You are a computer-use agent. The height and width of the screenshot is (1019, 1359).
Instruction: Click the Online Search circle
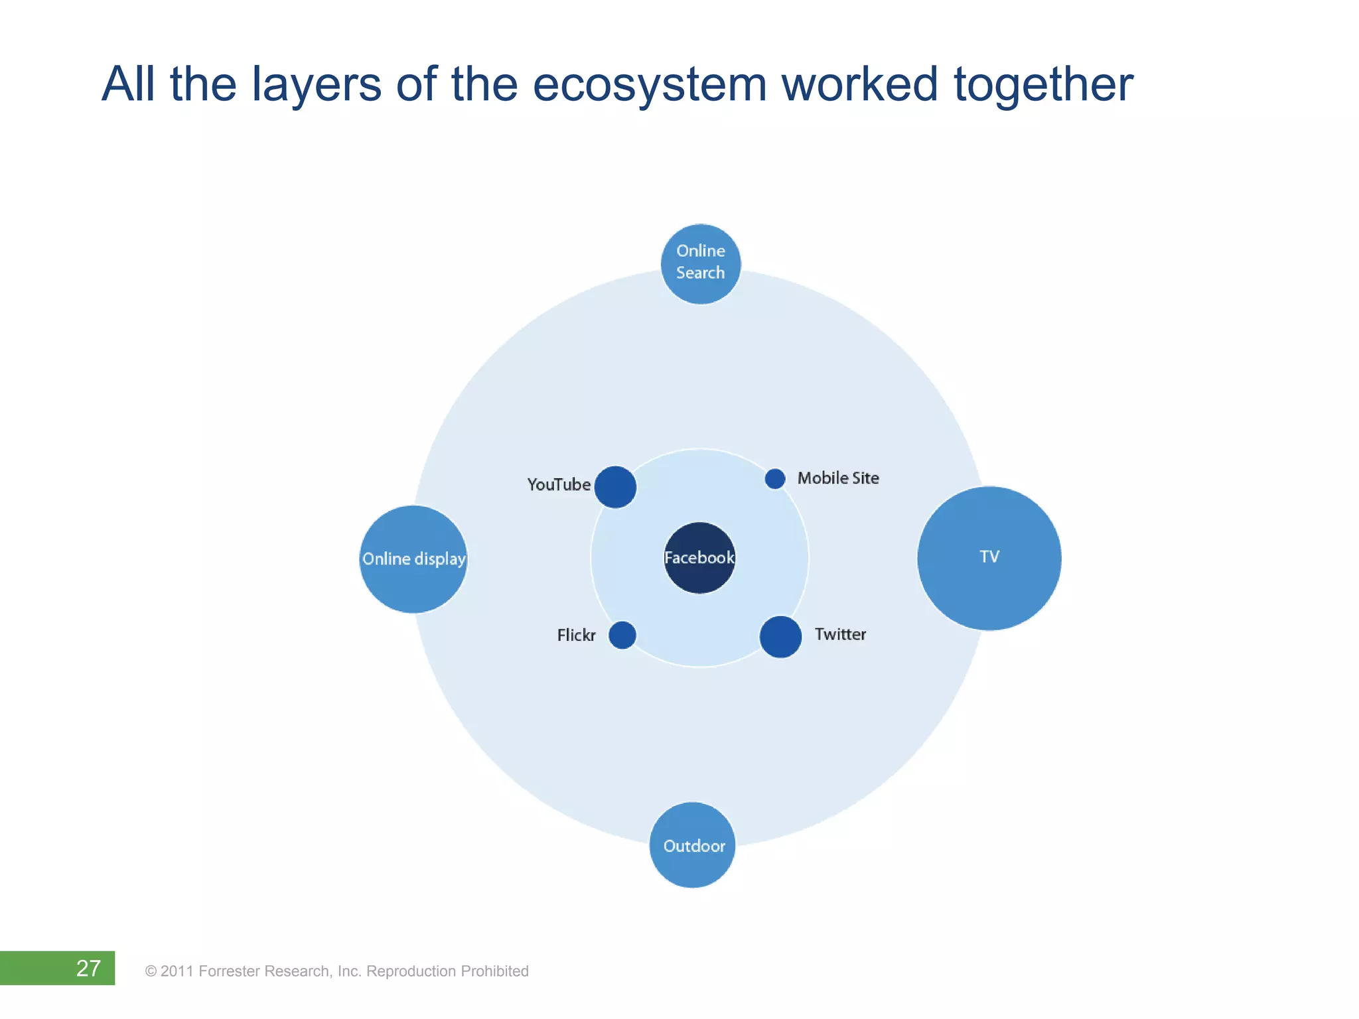(701, 264)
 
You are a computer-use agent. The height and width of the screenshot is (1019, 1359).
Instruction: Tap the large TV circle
(989, 558)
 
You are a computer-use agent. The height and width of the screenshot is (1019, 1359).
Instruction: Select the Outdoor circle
(692, 845)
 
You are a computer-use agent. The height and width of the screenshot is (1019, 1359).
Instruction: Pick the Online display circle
(413, 559)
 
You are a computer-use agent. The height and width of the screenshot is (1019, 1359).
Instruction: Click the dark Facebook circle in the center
(699, 558)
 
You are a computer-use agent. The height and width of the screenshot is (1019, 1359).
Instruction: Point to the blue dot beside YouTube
(615, 487)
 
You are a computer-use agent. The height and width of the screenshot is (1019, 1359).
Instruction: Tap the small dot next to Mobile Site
(774, 478)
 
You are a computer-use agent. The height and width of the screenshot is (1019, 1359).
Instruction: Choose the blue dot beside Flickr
(622, 635)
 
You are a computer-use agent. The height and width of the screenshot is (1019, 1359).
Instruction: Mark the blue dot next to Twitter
(780, 637)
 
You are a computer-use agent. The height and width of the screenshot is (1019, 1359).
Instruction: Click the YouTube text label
(559, 485)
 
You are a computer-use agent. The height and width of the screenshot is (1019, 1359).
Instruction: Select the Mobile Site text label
(838, 478)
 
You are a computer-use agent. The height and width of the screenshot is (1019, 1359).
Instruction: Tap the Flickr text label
(576, 636)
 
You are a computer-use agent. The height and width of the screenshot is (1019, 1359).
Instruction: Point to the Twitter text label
(840, 635)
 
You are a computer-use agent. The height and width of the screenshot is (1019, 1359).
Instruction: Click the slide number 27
(88, 969)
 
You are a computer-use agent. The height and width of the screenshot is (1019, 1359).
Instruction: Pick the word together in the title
(1043, 85)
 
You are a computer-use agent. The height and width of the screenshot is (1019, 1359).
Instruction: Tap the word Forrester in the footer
(230, 971)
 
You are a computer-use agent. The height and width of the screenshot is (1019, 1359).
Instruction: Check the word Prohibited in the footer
(494, 971)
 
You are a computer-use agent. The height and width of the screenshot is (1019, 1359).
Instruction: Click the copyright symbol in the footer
(151, 971)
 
